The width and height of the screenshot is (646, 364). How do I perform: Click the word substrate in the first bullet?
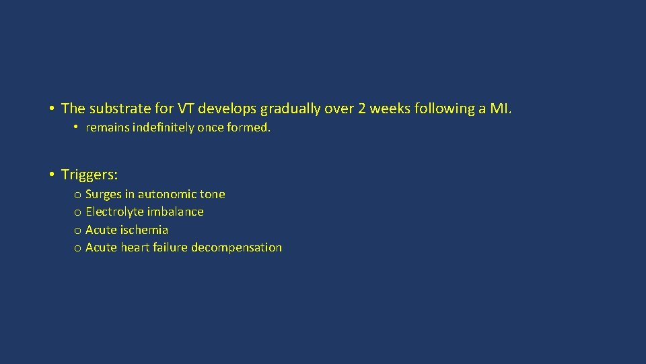[114, 109]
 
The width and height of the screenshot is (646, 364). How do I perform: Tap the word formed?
[250, 127]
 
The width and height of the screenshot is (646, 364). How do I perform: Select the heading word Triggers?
[89, 175]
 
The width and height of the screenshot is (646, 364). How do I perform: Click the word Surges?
[104, 194]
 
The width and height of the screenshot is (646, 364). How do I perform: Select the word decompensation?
[236, 247]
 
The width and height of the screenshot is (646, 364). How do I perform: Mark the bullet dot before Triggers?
[51, 175]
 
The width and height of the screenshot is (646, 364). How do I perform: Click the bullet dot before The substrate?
[51, 109]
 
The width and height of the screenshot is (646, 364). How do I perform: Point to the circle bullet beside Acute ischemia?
[78, 231]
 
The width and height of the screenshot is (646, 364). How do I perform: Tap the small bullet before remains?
[77, 127]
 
